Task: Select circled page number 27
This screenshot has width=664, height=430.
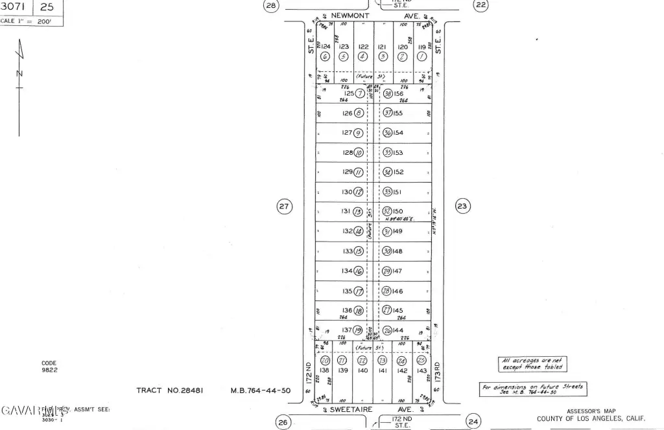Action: (x=284, y=207)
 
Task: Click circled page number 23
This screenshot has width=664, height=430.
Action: (x=462, y=207)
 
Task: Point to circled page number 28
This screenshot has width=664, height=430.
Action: (x=271, y=6)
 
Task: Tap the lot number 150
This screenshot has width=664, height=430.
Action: (x=397, y=212)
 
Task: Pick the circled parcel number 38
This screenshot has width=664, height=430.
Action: (x=388, y=94)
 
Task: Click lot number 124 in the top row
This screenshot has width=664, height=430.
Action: (x=326, y=47)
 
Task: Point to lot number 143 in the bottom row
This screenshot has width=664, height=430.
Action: (x=422, y=370)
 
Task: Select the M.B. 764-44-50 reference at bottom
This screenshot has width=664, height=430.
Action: (x=261, y=390)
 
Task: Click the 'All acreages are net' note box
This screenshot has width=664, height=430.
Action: (x=530, y=364)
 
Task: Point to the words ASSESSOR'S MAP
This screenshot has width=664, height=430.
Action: (x=591, y=411)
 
